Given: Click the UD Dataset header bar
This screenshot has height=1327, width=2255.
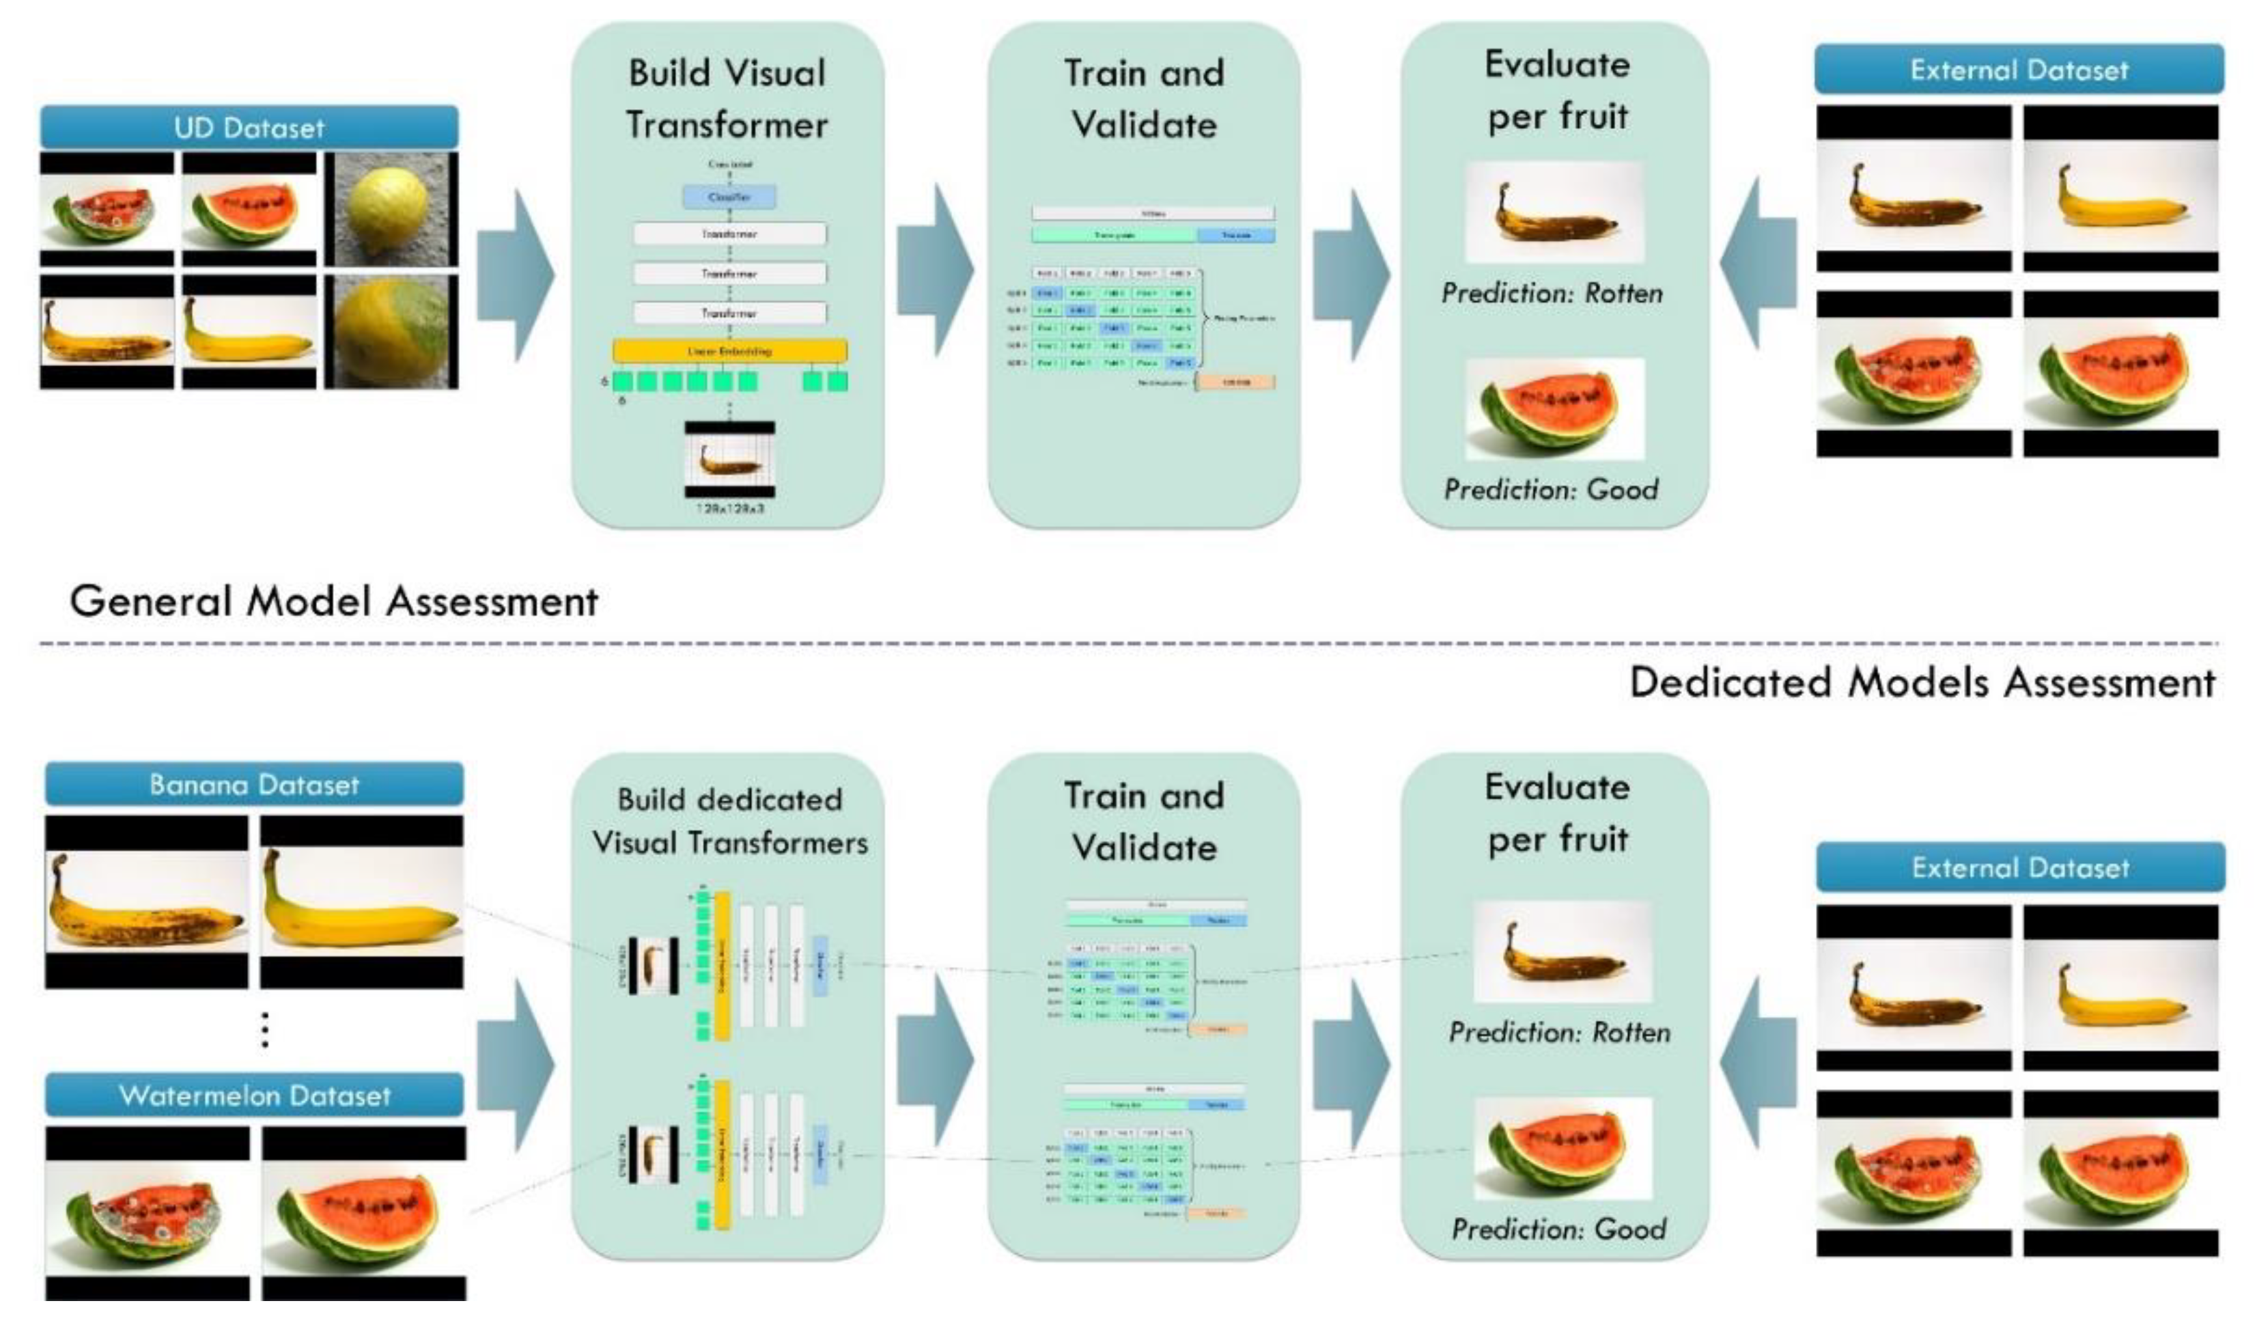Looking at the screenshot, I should (249, 127).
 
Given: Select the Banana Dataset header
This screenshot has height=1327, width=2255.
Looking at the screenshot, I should (254, 785).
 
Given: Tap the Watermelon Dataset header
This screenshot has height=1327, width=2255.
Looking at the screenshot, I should (254, 1095).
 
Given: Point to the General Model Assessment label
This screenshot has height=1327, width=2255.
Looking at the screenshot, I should (334, 600).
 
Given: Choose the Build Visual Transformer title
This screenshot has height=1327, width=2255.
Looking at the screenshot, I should (727, 98).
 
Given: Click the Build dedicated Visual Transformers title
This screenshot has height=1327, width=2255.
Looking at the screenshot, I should (729, 820).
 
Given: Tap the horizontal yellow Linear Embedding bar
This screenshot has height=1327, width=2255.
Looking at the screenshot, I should (729, 351).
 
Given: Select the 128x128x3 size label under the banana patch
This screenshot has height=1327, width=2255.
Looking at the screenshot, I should (730, 508).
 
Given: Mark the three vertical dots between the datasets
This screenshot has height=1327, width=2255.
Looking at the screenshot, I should (265, 1029).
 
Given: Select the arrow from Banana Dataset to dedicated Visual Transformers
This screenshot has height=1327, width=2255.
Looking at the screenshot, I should (516, 1065).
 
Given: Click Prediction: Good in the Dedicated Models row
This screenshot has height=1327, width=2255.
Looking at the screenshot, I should (1558, 1229).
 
